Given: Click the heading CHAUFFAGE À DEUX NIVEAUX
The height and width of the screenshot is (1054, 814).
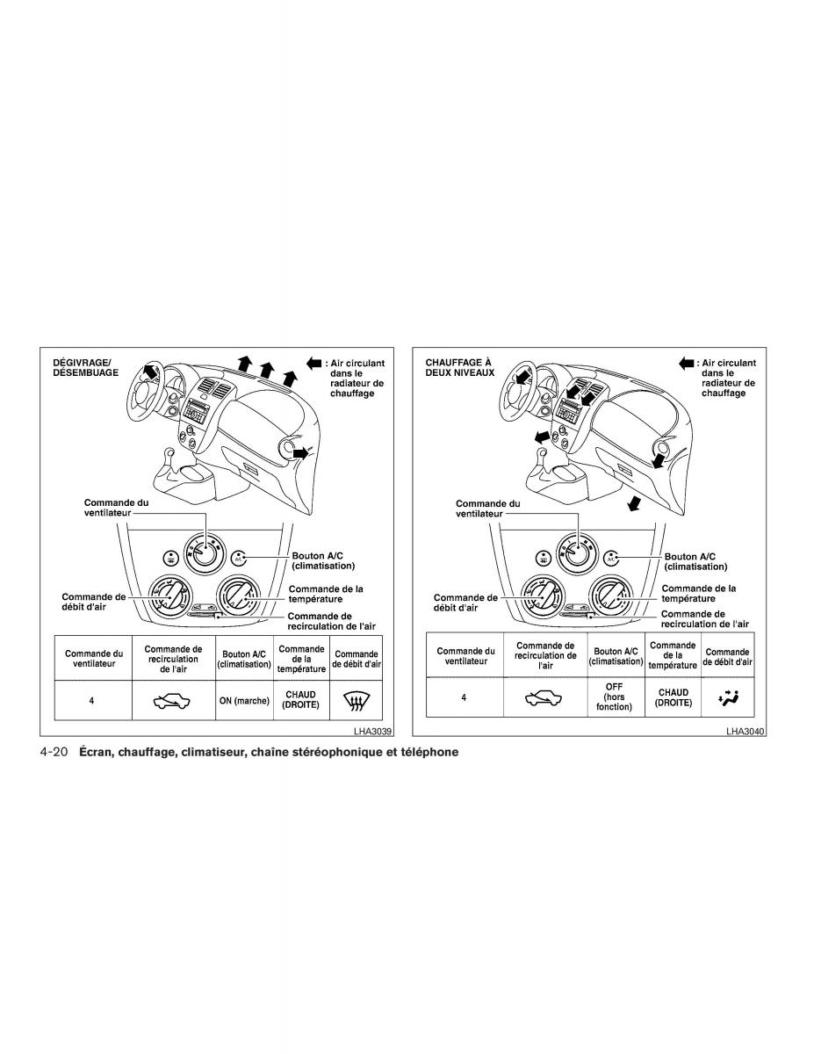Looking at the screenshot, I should click(x=458, y=366).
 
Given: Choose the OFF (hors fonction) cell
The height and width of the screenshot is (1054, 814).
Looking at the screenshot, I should click(x=614, y=696).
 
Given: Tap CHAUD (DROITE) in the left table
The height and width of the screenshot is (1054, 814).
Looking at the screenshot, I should click(x=301, y=700).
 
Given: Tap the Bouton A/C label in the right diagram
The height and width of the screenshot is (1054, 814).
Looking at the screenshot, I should click(x=689, y=561).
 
